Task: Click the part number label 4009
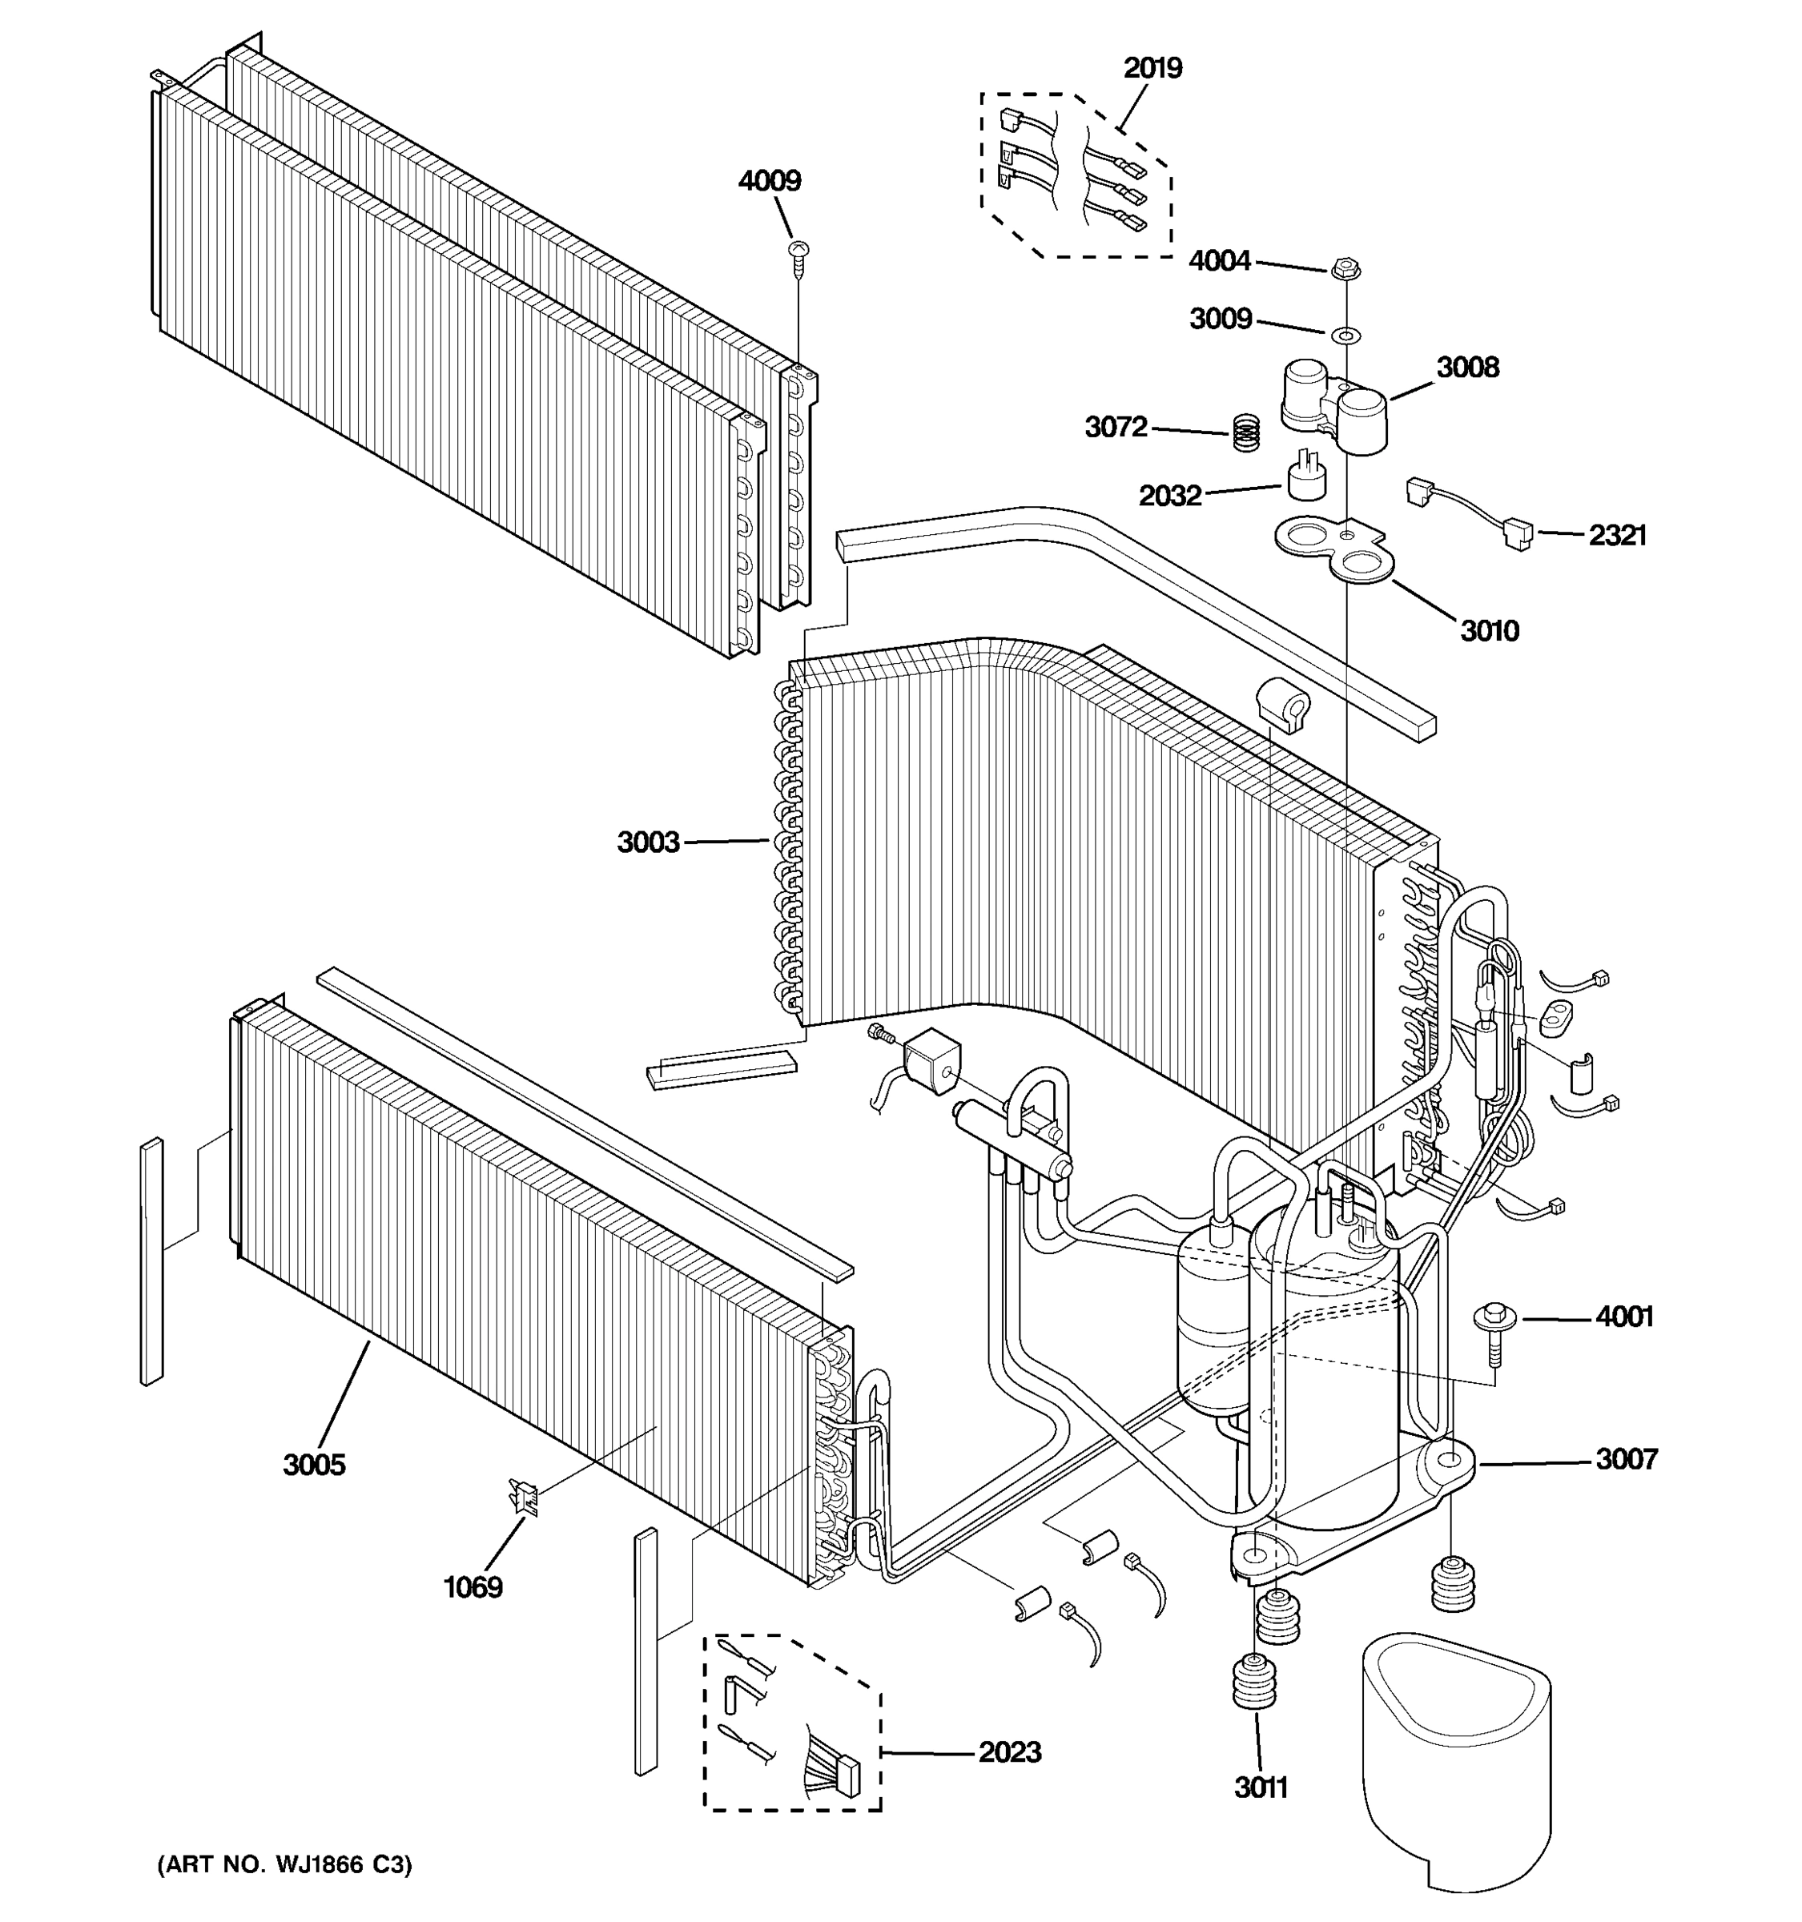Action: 769,181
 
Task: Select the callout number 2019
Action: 1152,68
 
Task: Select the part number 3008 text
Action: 1466,368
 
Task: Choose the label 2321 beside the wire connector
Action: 1616,535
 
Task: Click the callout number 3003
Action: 648,842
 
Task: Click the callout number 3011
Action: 1260,1787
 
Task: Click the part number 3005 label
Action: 313,1465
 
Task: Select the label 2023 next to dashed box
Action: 1009,1752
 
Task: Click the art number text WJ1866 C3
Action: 284,1864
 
